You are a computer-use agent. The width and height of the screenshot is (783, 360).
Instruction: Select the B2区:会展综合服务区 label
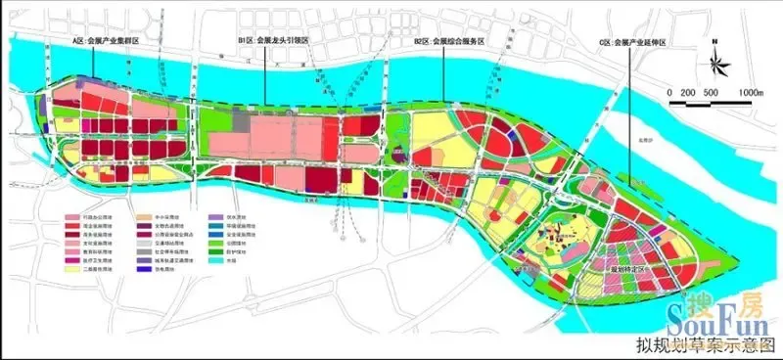click(449, 41)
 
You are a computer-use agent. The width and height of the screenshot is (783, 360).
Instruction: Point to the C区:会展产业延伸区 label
click(638, 42)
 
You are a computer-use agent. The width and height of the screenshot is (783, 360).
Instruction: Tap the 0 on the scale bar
click(670, 92)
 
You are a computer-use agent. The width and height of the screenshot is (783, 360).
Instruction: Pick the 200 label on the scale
click(688, 92)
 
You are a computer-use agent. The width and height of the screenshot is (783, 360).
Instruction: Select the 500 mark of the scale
click(712, 92)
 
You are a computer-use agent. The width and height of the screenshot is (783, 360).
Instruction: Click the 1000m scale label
click(749, 92)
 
